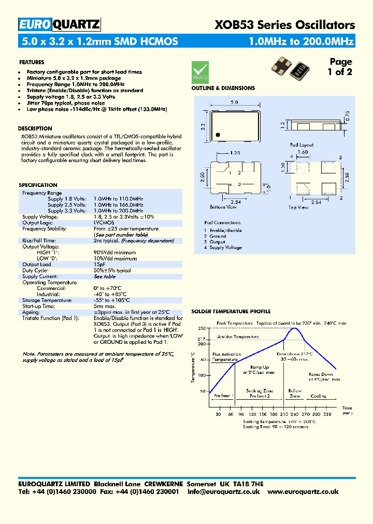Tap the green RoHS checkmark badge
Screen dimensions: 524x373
[x=200, y=70]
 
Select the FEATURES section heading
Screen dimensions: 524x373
[x=32, y=62]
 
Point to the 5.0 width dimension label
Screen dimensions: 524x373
[x=234, y=102]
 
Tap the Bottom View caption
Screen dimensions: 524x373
[x=223, y=207]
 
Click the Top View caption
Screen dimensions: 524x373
[x=298, y=208]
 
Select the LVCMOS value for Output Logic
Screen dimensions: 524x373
[x=104, y=223]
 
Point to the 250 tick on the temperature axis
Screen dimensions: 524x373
[x=202, y=328]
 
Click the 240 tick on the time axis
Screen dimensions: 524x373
[x=295, y=414]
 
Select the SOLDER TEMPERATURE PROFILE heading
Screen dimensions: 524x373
[x=231, y=312]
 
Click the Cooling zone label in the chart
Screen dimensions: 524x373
[x=318, y=396]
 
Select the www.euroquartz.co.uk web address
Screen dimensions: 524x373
[x=304, y=492]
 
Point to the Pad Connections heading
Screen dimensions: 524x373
[x=222, y=223]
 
